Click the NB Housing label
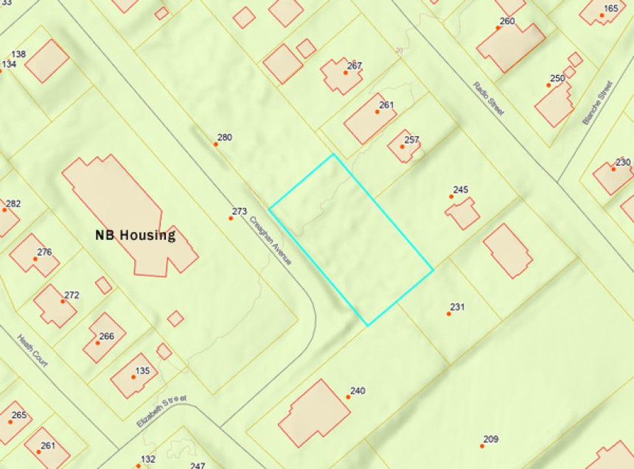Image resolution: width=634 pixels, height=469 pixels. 135,236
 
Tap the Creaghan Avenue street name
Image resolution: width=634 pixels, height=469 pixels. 271,240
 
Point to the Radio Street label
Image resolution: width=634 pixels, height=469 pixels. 489,98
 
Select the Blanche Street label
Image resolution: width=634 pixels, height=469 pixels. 597,103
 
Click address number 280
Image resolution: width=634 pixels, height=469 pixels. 224,137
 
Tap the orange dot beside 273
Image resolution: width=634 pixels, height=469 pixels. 231,218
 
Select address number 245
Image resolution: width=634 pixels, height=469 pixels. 461,190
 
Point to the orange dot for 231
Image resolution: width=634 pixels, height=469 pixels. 448,314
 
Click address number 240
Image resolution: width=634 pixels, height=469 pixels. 358,391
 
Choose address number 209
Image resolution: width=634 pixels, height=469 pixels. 490,440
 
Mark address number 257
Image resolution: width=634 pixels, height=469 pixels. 411,140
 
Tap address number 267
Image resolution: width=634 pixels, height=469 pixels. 355,66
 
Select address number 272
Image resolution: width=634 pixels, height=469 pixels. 72,295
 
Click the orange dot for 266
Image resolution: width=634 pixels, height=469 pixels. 97,343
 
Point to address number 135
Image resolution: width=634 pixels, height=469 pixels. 142,370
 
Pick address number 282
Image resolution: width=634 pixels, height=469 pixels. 13,204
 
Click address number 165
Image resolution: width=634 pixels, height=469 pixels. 610,9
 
